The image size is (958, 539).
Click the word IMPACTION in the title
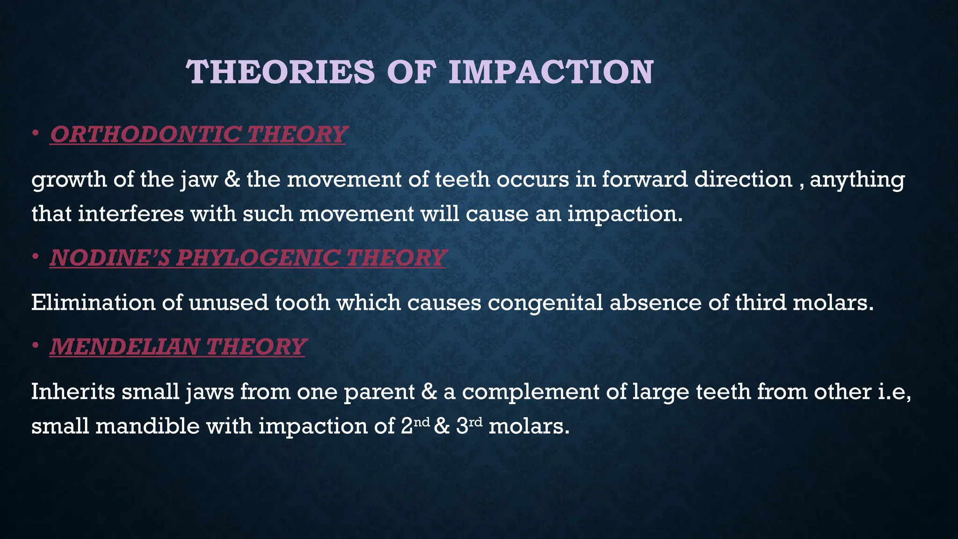(x=551, y=72)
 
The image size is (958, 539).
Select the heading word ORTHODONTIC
(x=145, y=134)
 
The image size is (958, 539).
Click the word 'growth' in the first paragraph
(x=69, y=180)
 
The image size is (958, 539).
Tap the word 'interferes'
(x=131, y=214)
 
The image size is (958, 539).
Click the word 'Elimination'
(x=93, y=303)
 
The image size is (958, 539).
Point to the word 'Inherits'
(x=73, y=392)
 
